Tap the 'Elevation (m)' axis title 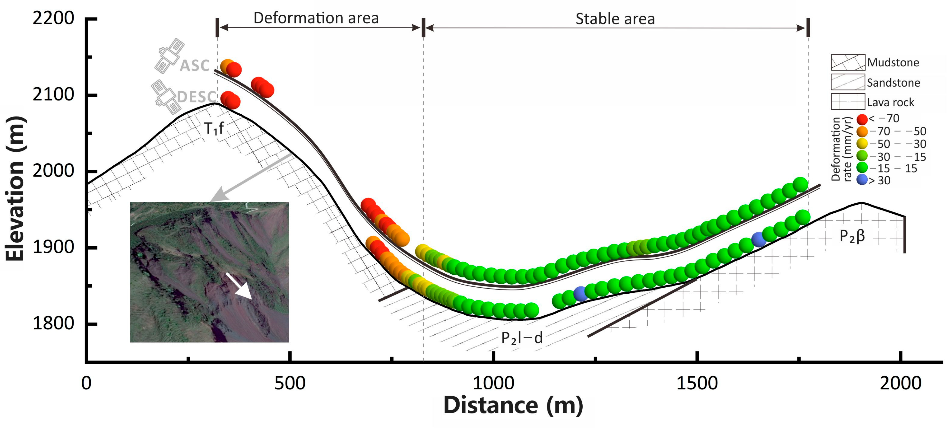point(16,188)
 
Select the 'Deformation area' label point(316,18)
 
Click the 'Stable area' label point(615,19)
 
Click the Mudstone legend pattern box point(847,62)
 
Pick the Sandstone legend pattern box point(847,82)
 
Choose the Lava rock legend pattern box point(847,102)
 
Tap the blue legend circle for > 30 point(862,180)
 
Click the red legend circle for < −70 point(862,119)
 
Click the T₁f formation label point(214,128)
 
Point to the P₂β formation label point(852,236)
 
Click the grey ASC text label point(194,66)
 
